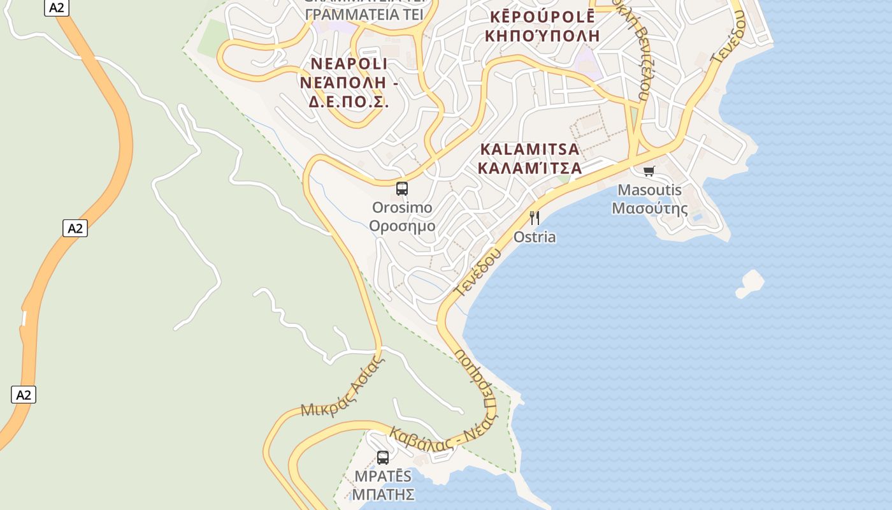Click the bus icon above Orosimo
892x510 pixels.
coord(401,188)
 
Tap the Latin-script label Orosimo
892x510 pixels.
coord(402,208)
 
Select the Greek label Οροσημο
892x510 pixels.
coord(402,226)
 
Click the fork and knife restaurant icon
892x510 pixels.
coord(535,218)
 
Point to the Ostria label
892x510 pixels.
coord(535,237)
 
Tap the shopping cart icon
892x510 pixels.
coord(649,171)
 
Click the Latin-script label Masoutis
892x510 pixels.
coord(649,190)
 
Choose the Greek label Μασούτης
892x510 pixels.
coord(649,208)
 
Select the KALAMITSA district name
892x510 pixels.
coord(529,150)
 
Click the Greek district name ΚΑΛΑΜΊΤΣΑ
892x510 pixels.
coord(529,168)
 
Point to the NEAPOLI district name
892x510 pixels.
coord(349,64)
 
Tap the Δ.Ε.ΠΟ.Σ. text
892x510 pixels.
coord(349,101)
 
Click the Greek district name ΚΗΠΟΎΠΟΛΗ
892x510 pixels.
coord(542,35)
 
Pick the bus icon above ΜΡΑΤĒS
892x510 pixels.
coord(382,457)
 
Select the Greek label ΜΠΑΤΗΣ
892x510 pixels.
coord(384,494)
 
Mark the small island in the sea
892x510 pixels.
coord(750,283)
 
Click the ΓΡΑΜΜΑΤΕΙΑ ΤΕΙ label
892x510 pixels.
coord(364,14)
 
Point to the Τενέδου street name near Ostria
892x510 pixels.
coord(477,272)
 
